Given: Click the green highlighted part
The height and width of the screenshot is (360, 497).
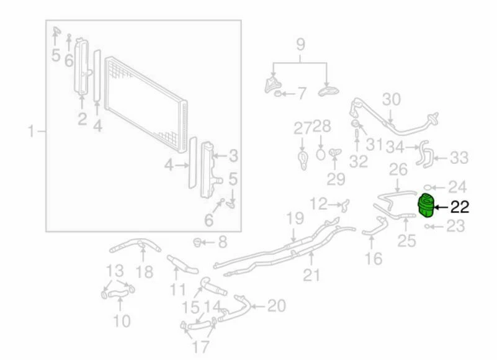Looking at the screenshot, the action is (426, 206).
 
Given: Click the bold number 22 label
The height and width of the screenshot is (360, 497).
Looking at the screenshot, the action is (457, 207).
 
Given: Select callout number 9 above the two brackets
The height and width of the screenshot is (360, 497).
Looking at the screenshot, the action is (301, 45).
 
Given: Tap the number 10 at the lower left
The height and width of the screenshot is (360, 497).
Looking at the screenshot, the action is (122, 320).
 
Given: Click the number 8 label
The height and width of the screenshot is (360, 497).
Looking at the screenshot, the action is (222, 241).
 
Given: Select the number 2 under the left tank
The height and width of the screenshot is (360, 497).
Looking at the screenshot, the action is (82, 119).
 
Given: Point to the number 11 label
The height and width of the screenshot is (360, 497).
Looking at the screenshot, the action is (179, 289).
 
